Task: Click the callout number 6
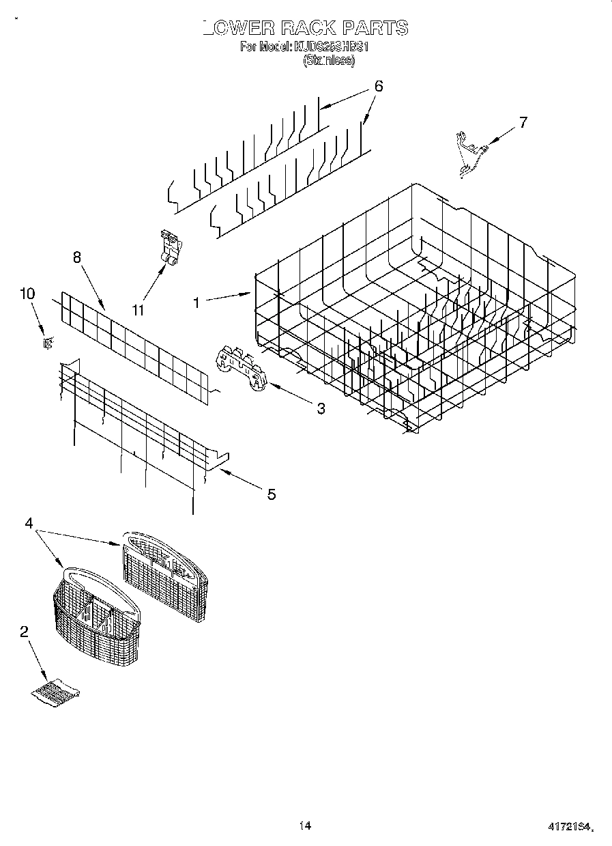tap(378, 87)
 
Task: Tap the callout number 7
tap(523, 123)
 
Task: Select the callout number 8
tap(76, 257)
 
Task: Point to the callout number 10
tap(27, 294)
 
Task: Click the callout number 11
tap(139, 310)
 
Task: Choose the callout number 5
tap(272, 494)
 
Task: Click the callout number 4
tap(29, 523)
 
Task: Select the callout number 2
tap(24, 632)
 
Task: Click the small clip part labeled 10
tap(47, 343)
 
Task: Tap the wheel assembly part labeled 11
tap(169, 247)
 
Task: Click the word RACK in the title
tap(304, 28)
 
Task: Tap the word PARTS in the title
tap(375, 28)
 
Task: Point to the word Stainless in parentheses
tap(328, 61)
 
